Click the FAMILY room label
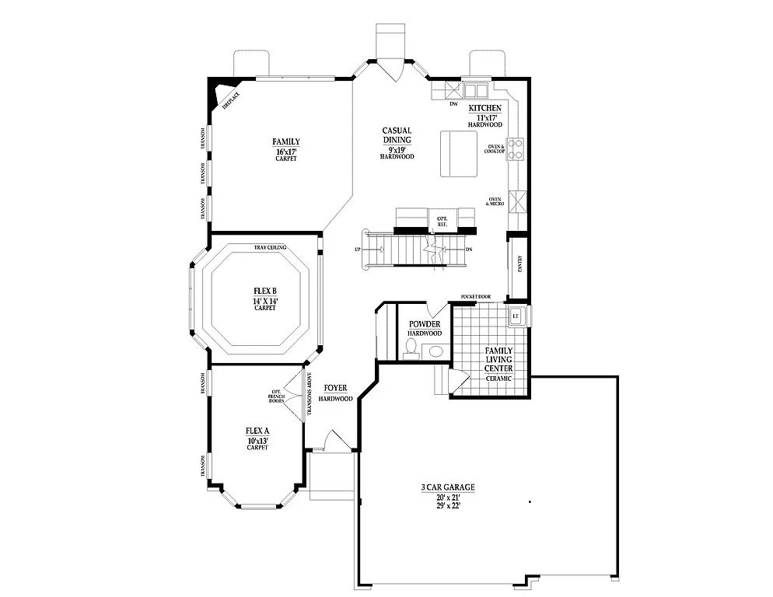point(285,141)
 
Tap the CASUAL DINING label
point(397,135)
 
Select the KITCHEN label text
point(484,108)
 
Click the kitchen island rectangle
point(459,153)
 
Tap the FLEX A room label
point(257,431)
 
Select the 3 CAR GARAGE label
point(447,487)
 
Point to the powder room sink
point(435,351)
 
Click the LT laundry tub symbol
point(515,316)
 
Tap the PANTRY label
point(519,264)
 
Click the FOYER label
point(335,387)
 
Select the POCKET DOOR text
point(475,296)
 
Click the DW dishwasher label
point(453,103)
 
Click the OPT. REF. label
point(442,220)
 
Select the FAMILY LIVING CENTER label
point(498,359)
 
